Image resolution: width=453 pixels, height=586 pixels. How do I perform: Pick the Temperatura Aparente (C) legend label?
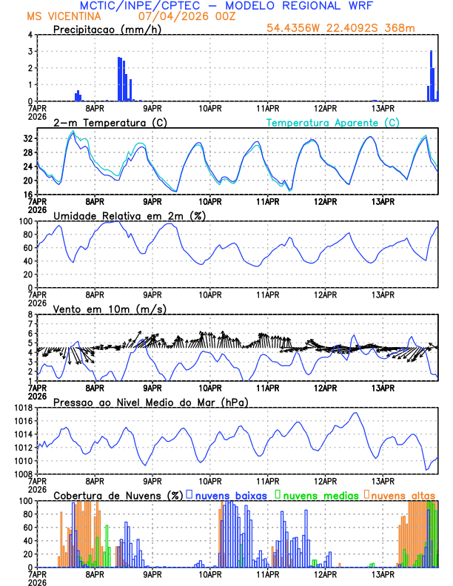click(332, 122)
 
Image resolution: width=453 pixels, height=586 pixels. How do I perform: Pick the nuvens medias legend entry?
click(317, 494)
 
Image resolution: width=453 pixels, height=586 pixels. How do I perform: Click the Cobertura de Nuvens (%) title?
click(118, 494)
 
